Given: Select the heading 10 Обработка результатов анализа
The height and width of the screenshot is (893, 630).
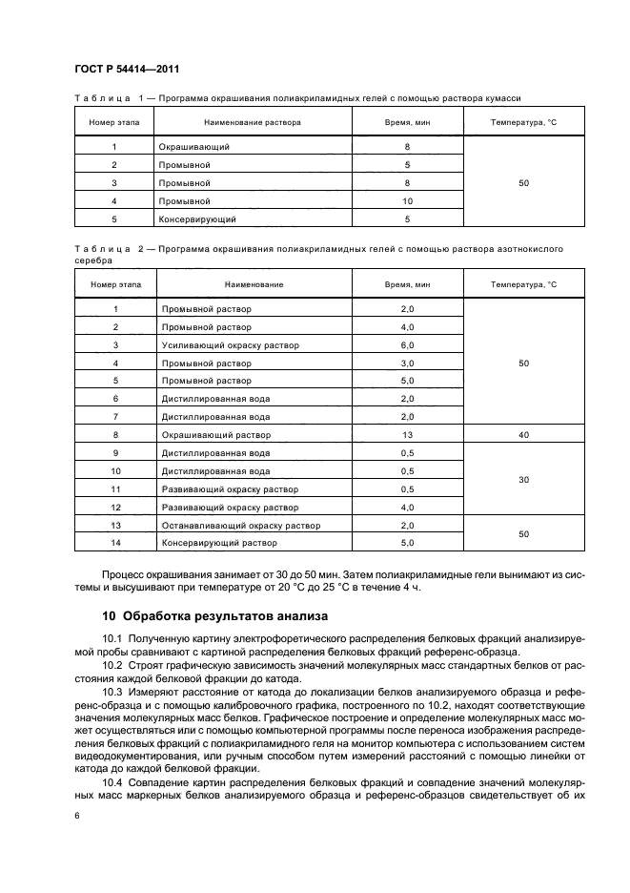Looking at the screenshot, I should pyautogui.click(x=214, y=616).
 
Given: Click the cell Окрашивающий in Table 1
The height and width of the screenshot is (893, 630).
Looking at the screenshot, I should pyautogui.click(x=195, y=147).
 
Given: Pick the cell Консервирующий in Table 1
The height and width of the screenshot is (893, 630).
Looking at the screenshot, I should pyautogui.click(x=198, y=219).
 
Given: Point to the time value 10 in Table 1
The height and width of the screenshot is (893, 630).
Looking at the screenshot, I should pyautogui.click(x=407, y=201).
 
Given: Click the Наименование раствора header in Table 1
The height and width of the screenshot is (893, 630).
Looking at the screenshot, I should pyautogui.click(x=253, y=122).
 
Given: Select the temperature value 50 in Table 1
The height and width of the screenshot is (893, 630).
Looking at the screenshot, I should pyautogui.click(x=523, y=183).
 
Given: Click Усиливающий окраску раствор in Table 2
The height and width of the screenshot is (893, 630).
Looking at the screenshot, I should pyautogui.click(x=230, y=345).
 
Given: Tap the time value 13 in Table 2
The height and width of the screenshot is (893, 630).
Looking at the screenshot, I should pyautogui.click(x=407, y=435).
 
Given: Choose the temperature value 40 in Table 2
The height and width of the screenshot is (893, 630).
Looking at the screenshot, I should pyautogui.click(x=523, y=435).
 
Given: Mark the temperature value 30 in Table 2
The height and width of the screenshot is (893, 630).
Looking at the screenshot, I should pyautogui.click(x=523, y=480).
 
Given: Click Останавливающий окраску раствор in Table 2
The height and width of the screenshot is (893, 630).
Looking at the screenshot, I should pyautogui.click(x=241, y=526).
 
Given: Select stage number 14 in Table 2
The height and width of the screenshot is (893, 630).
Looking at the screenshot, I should pyautogui.click(x=115, y=543).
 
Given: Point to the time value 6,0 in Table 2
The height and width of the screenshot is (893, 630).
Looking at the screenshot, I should pyautogui.click(x=407, y=345).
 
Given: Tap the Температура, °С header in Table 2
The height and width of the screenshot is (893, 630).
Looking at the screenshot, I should pyautogui.click(x=523, y=284).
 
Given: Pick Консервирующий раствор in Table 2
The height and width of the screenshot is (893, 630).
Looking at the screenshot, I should pyautogui.click(x=219, y=543).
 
